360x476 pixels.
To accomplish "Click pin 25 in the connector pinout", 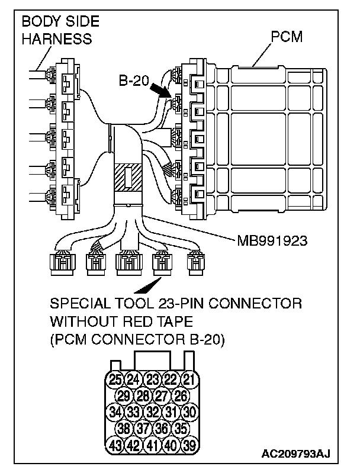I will [116, 379].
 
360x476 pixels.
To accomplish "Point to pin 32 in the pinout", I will [152, 410].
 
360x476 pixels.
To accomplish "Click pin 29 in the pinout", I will [124, 394].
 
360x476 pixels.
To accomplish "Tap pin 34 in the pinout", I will [116, 410].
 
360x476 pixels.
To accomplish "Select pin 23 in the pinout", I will [152, 379].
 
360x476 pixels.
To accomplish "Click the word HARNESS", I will [57, 39].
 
